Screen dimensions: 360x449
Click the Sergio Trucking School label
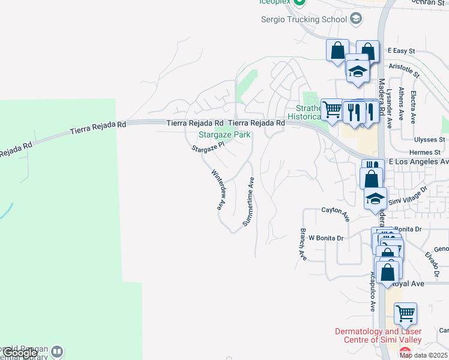(304, 19)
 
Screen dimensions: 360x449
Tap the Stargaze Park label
(224, 135)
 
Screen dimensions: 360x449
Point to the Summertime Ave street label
(249, 202)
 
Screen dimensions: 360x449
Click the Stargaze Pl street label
(208, 146)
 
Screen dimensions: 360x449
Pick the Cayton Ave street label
(335, 214)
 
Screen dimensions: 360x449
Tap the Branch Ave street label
(304, 244)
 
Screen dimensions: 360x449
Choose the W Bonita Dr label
(326, 238)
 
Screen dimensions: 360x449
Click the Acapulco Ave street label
(373, 291)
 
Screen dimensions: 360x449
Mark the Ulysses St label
(424, 140)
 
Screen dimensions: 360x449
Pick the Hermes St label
(424, 153)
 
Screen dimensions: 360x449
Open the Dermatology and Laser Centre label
(378, 336)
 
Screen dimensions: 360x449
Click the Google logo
(20, 353)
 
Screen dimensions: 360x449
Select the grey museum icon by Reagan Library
(57, 351)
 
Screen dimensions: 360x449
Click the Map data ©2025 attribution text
(423, 355)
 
